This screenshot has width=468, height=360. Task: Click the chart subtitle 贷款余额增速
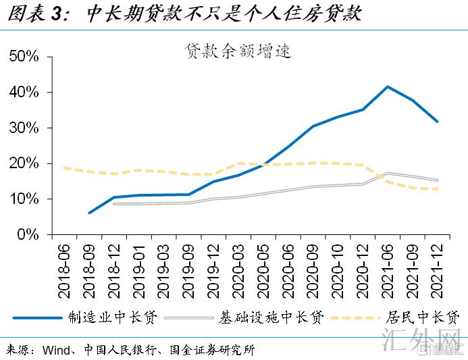click(x=238, y=51)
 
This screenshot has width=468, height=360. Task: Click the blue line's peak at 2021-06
click(x=388, y=87)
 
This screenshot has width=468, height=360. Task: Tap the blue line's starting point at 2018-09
click(x=90, y=213)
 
